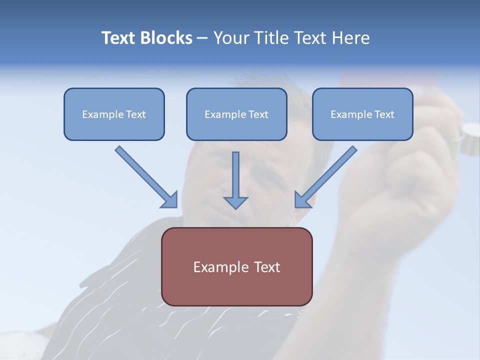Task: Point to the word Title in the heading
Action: point(272,38)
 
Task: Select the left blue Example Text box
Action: point(114,114)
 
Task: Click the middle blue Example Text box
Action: point(236,114)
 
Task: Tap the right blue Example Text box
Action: point(362,114)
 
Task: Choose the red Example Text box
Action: point(236,266)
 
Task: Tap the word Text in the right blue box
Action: point(384,114)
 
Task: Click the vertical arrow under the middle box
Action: point(235,175)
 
